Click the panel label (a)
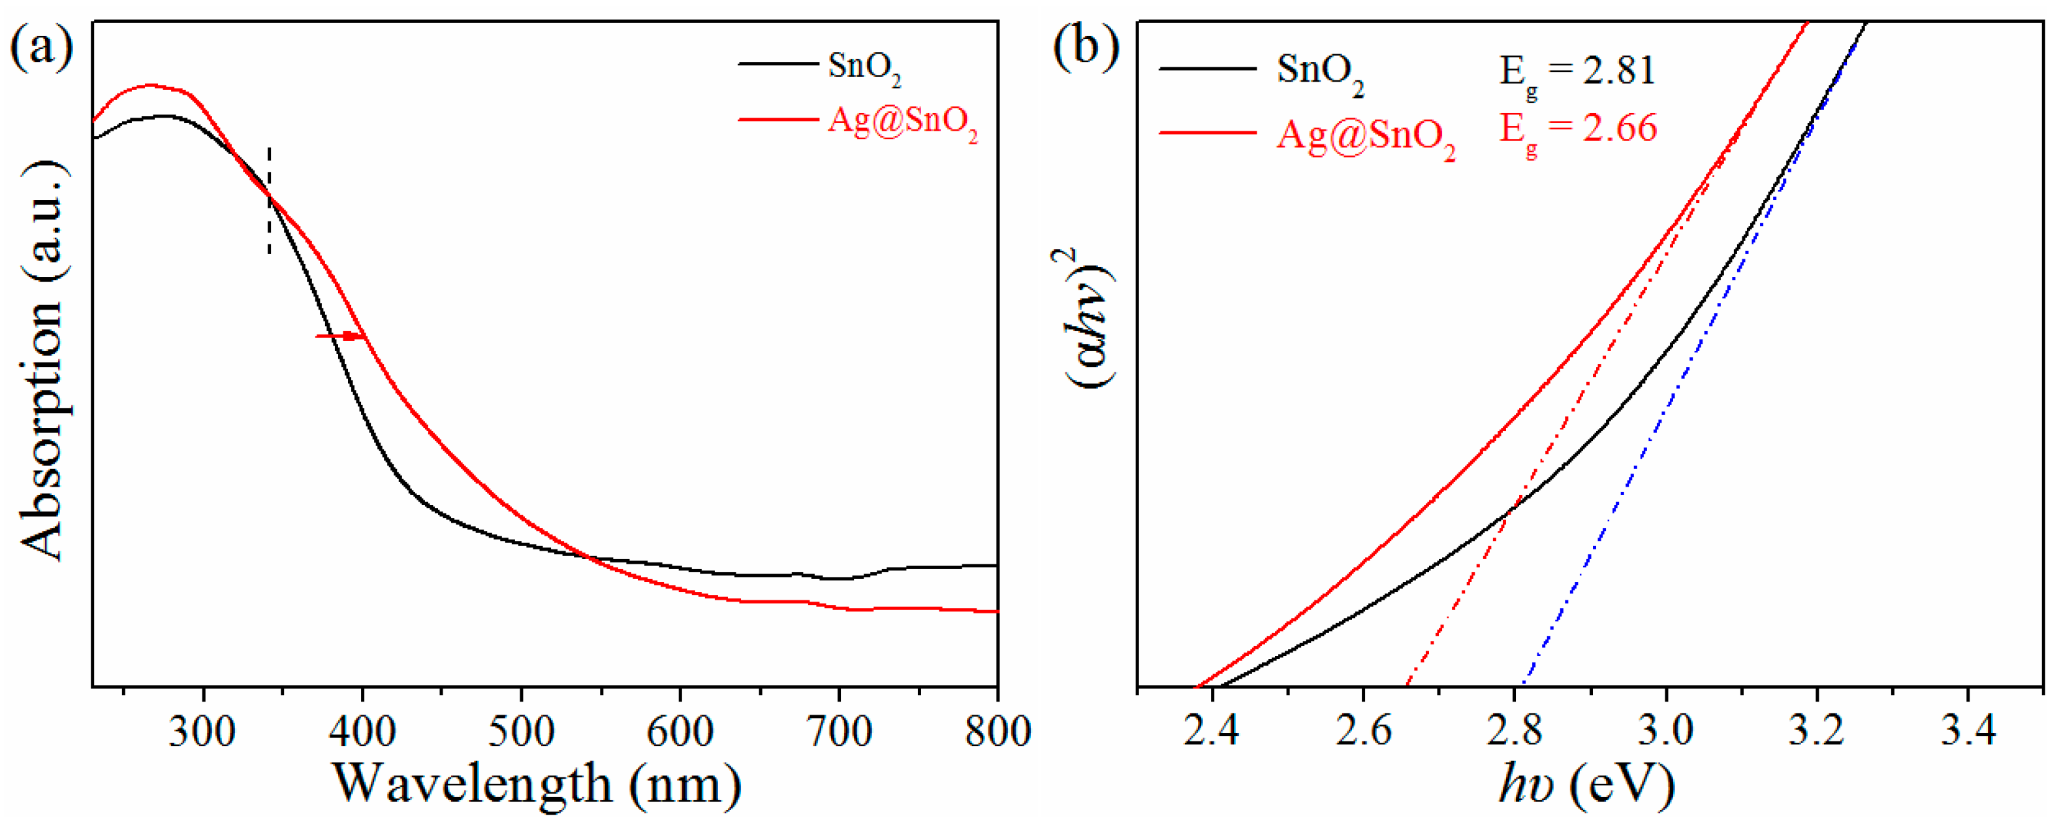pos(42,48)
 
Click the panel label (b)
pos(1086,48)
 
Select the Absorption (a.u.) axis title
pos(42,360)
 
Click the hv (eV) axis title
pos(1586,785)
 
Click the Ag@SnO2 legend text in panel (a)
pos(902,122)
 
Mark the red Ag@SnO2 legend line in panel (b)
pos(1207,132)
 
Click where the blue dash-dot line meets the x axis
pos(1524,685)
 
